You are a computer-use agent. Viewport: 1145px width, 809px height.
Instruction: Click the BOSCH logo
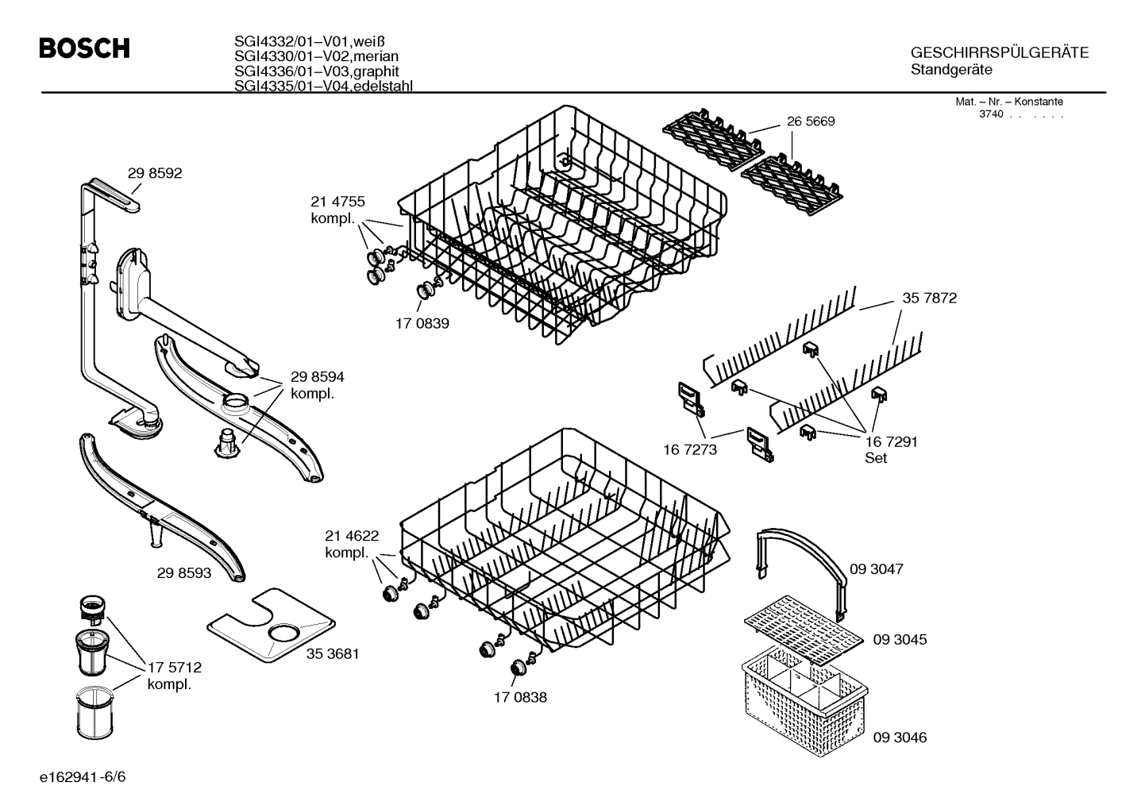pyautogui.click(x=84, y=48)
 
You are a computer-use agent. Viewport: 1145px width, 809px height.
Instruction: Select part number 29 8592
pyautogui.click(x=155, y=173)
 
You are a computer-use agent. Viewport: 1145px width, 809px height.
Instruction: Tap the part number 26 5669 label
pyautogui.click(x=811, y=121)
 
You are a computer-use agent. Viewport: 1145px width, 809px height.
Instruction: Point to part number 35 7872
pyautogui.click(x=929, y=299)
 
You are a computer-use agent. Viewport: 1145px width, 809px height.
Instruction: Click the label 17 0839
pyautogui.click(x=422, y=324)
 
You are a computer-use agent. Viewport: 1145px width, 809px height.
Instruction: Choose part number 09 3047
pyautogui.click(x=877, y=569)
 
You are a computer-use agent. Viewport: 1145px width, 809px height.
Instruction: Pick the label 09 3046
pyautogui.click(x=900, y=738)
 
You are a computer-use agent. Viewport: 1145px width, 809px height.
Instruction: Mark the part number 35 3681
pyautogui.click(x=333, y=654)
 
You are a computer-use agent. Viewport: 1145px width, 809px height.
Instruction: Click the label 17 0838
pyautogui.click(x=520, y=698)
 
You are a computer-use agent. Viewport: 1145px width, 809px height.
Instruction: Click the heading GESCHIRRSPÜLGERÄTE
pyautogui.click(x=999, y=53)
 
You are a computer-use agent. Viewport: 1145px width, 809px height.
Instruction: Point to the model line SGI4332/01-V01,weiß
pyautogui.click(x=303, y=41)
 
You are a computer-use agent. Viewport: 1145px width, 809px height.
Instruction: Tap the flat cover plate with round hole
pyautogui.click(x=270, y=625)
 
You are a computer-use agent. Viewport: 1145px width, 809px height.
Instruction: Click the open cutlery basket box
pyautogui.click(x=802, y=699)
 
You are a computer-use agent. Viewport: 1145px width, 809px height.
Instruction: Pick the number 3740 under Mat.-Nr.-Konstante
pyautogui.click(x=991, y=114)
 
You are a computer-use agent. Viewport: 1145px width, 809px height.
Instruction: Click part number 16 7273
pyautogui.click(x=690, y=449)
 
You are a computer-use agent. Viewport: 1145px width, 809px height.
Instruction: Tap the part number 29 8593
pyautogui.click(x=184, y=572)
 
